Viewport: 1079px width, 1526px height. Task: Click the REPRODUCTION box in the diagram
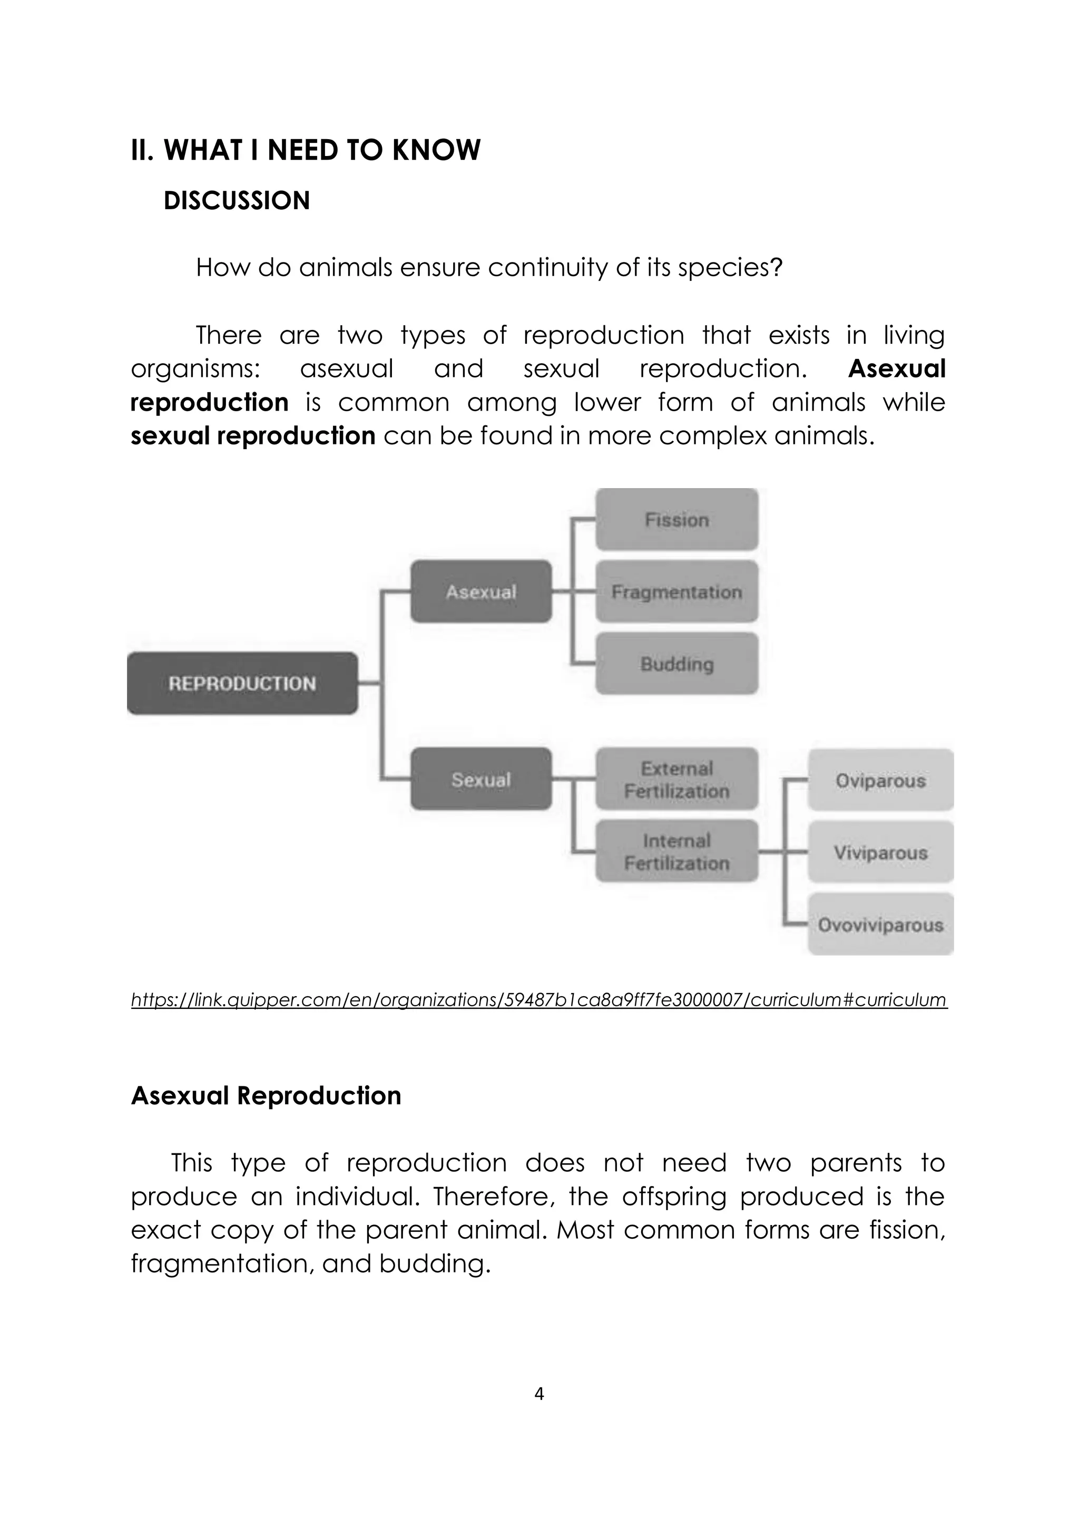(242, 683)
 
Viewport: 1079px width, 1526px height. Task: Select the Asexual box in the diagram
(481, 591)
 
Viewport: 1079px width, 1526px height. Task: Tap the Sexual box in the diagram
(481, 779)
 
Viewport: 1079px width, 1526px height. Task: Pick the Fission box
(676, 520)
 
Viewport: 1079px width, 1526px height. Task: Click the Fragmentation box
(676, 591)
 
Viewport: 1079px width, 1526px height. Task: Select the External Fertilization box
(676, 779)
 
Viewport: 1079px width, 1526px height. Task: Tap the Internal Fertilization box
(676, 851)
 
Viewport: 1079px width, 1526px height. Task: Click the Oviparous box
(880, 780)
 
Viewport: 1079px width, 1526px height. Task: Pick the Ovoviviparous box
(880, 925)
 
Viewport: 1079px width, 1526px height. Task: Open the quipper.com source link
(538, 999)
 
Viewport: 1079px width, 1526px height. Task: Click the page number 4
(539, 1394)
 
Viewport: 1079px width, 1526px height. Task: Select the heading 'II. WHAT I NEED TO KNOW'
(306, 150)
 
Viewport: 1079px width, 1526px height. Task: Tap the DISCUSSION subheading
(237, 201)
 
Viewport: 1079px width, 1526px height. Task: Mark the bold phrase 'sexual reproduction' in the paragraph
(252, 436)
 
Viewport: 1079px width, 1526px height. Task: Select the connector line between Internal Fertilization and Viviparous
(772, 851)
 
